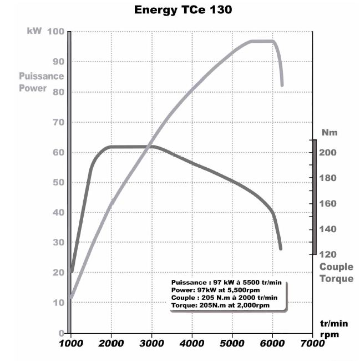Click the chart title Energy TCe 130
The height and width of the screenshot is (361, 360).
click(183, 10)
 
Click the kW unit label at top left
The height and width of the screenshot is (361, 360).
click(34, 31)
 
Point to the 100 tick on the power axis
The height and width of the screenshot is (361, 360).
click(55, 32)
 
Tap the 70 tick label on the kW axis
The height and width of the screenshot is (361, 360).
click(59, 122)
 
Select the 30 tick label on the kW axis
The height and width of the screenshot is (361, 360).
click(59, 242)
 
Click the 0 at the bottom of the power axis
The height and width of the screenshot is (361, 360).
click(62, 333)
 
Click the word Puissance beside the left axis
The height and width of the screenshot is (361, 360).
click(42, 76)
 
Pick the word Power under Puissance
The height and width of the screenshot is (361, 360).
click(33, 88)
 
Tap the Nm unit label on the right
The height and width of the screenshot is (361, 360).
click(329, 132)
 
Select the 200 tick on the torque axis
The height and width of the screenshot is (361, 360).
click(328, 152)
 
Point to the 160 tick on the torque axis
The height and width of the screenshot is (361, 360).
click(328, 203)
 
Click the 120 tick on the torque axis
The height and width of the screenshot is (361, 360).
click(328, 254)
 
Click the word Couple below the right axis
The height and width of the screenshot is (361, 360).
click(336, 267)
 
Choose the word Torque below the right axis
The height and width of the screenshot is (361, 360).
click(336, 279)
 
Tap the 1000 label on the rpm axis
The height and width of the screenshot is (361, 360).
click(70, 343)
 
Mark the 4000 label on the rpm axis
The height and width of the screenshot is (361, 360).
click(192, 343)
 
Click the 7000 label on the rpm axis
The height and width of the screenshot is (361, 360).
click(312, 343)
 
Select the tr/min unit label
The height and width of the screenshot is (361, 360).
click(334, 324)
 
